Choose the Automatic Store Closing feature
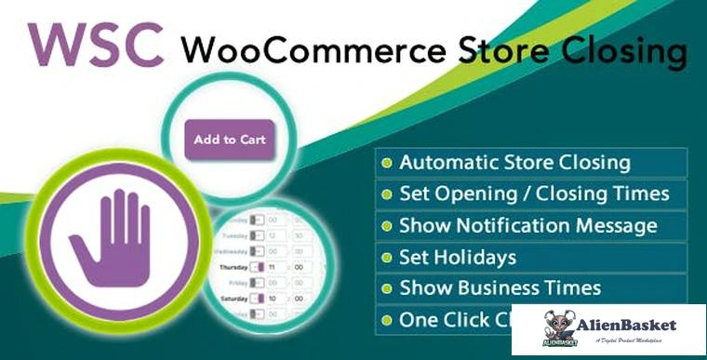[514, 163]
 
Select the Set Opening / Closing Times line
[534, 194]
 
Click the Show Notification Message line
[527, 226]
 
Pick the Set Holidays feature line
[457, 257]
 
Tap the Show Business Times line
[500, 288]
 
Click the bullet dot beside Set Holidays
[387, 258]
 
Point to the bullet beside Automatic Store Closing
[387, 164]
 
